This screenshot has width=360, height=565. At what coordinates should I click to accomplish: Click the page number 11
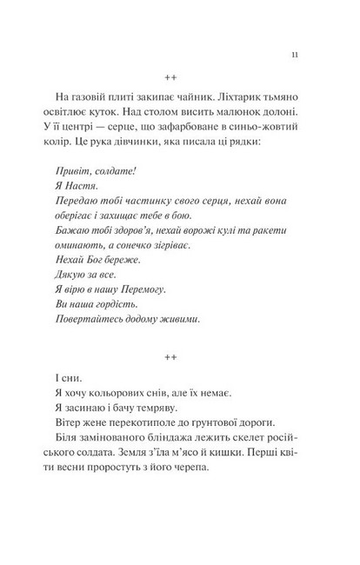point(296,55)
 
